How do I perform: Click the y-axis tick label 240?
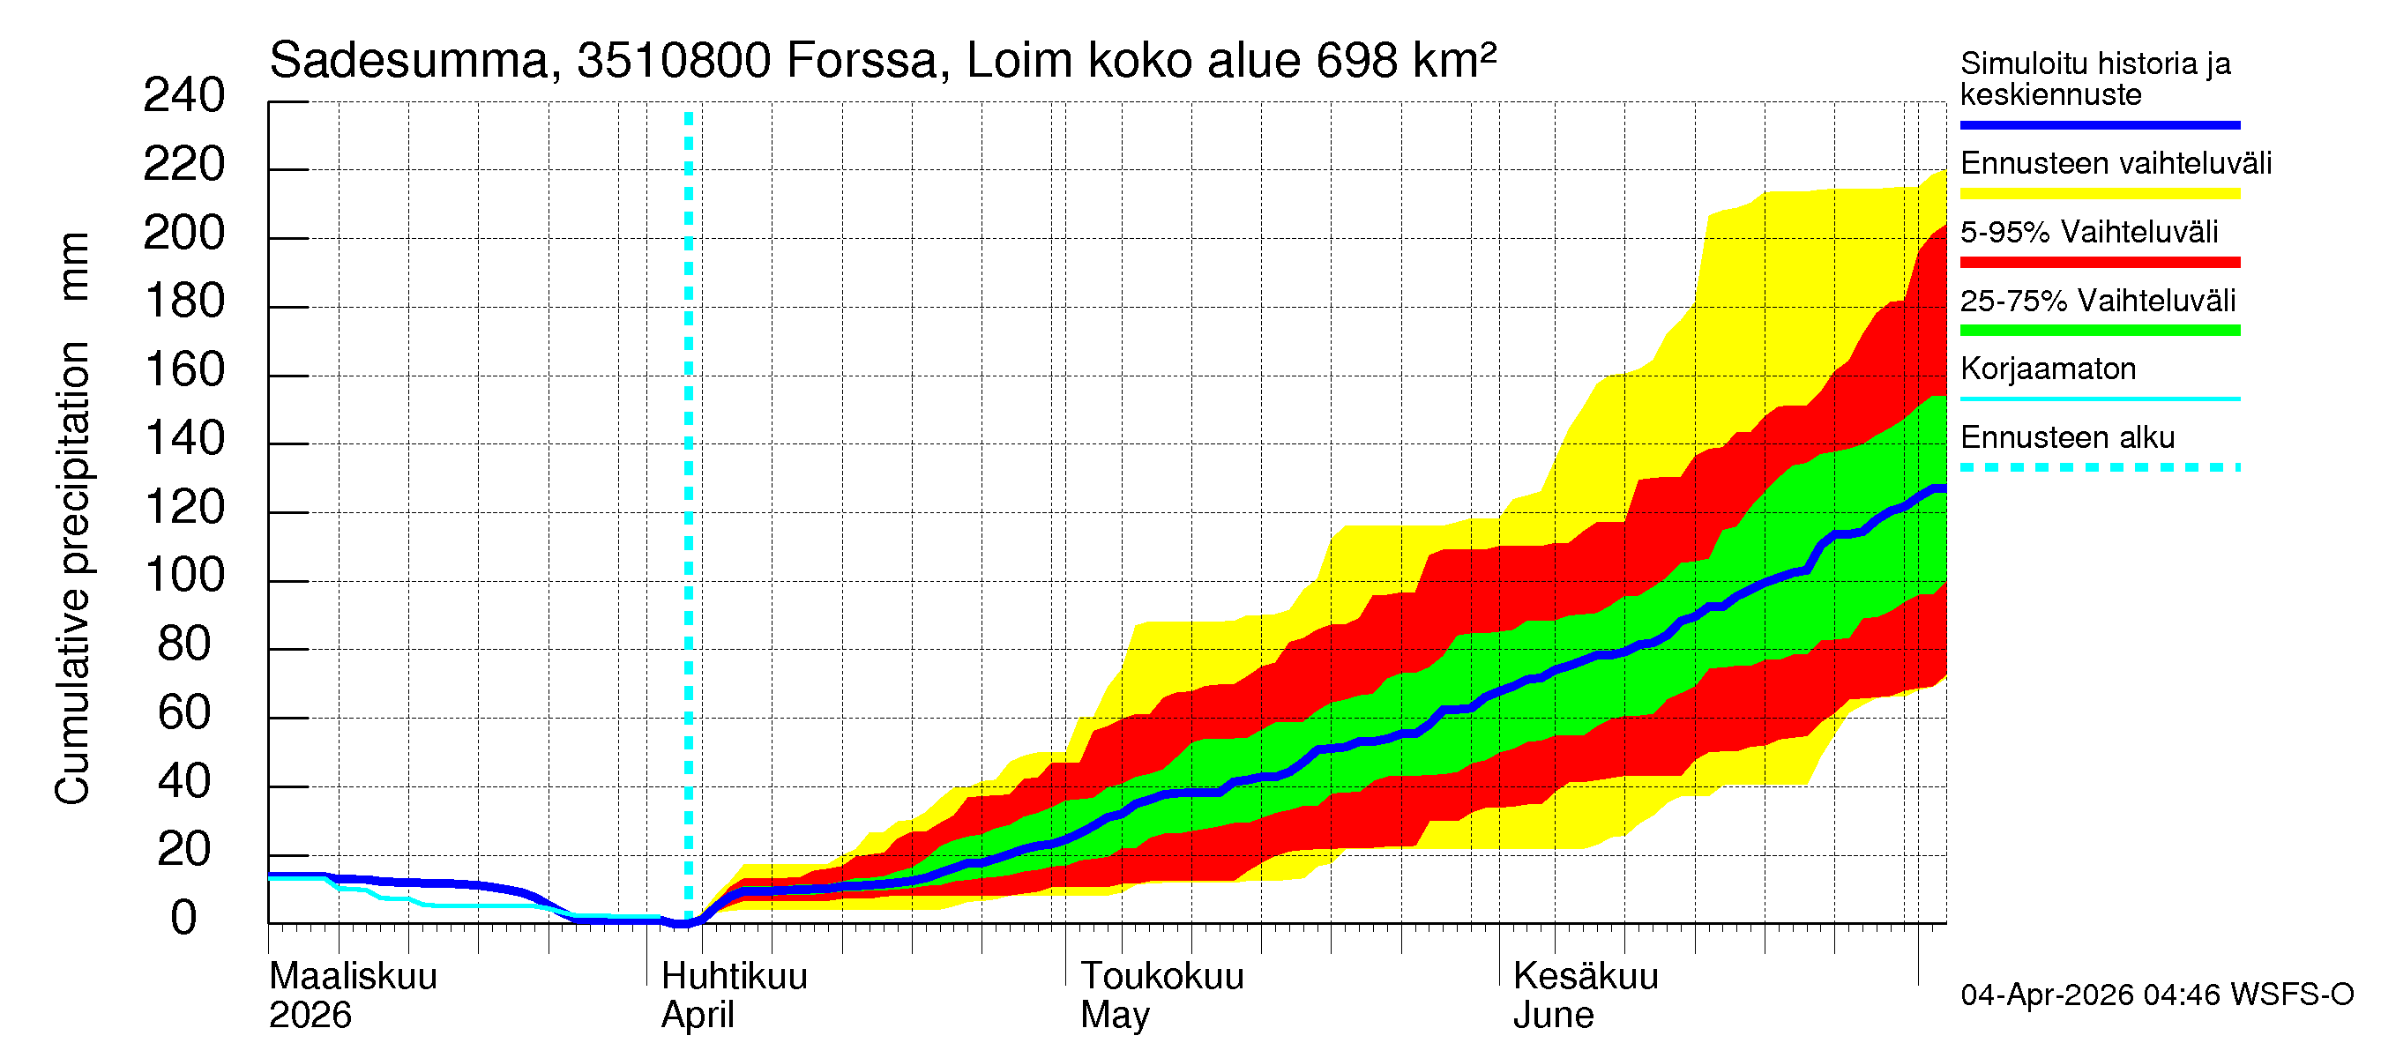coord(184,96)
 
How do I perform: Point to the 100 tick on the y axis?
coord(184,577)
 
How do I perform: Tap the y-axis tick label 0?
coord(184,920)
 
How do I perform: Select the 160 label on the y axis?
coord(184,370)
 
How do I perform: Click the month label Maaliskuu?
coord(353,977)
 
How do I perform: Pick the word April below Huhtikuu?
coord(697,1016)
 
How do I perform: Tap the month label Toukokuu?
coord(1162,977)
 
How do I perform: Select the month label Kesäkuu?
coord(1586,977)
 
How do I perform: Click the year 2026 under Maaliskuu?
coord(310,1016)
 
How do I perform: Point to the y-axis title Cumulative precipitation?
coord(73,573)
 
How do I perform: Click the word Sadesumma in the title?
coord(408,61)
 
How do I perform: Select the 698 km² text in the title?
coord(1405,61)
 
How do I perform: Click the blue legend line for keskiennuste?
coord(2099,124)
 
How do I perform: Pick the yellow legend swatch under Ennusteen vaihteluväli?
coord(2099,194)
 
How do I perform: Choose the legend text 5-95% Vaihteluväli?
coord(2088,232)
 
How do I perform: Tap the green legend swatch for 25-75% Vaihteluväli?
coord(2099,331)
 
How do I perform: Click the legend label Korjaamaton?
coord(2048,369)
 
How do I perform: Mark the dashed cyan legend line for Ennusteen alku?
coord(2099,467)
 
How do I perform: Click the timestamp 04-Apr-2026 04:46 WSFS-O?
coord(2156,995)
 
